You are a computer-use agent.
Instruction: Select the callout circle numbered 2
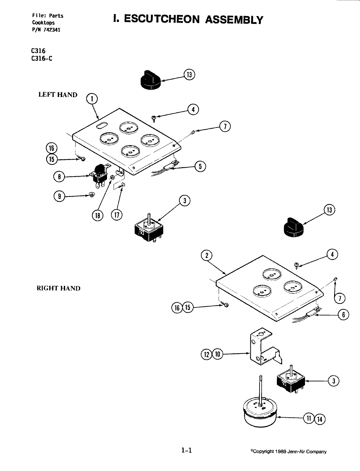pos(207,256)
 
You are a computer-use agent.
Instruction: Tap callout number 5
pos(200,166)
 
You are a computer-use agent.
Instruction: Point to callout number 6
pos(343,315)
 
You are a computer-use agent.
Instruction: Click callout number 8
pos(59,177)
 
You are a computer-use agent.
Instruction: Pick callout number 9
pos(59,196)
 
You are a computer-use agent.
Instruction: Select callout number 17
pos(117,215)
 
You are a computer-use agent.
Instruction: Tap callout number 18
pos(98,215)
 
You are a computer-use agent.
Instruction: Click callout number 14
pos(320,419)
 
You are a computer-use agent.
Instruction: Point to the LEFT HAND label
pos(58,95)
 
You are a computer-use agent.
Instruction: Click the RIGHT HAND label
pos(58,288)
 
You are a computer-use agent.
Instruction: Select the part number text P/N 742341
pos(46,30)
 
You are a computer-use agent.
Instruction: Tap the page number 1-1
pos(186,450)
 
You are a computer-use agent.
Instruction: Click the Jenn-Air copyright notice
pos(288,452)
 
